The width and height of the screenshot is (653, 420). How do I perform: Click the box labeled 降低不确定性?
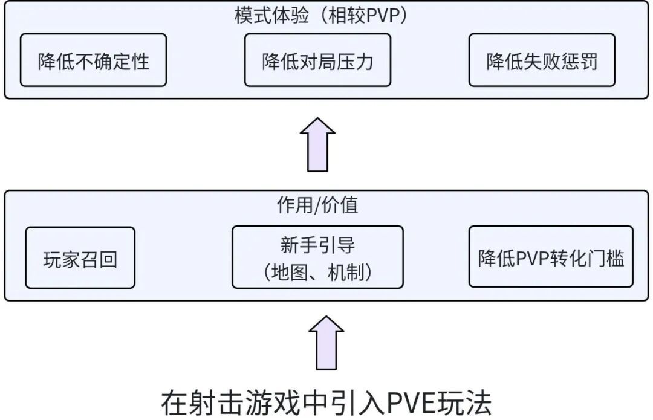[93, 60]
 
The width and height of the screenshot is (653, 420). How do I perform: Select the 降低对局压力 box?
[317, 60]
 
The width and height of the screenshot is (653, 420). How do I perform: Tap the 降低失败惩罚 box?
[542, 60]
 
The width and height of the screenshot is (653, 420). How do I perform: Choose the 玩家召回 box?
[80, 257]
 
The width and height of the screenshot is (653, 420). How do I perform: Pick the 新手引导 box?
[317, 257]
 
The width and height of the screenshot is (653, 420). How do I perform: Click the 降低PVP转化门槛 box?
[551, 257]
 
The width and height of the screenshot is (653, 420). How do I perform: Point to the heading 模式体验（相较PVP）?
[321, 16]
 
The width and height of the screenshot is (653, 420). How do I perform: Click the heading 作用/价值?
[317, 205]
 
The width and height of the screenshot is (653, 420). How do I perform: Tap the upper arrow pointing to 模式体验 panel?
[317, 144]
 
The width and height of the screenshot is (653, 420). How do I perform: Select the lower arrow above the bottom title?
[326, 342]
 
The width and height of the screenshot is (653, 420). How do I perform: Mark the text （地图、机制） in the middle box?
[317, 273]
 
